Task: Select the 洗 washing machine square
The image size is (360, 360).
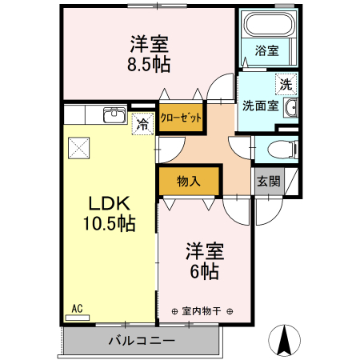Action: coord(286,82)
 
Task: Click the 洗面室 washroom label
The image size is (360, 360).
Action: coord(260,106)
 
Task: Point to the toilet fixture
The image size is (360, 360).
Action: coord(281,148)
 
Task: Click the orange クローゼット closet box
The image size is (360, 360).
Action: coord(180,117)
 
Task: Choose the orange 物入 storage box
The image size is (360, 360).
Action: coord(188,181)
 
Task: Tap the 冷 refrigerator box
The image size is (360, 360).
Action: coord(142,124)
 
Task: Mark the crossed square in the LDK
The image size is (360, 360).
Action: coord(79,147)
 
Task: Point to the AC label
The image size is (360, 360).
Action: coord(77,308)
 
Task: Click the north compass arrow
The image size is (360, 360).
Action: coord(283,341)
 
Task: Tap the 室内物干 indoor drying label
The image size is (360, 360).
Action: coord(202,310)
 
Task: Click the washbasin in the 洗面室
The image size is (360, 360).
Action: coord(292,108)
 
